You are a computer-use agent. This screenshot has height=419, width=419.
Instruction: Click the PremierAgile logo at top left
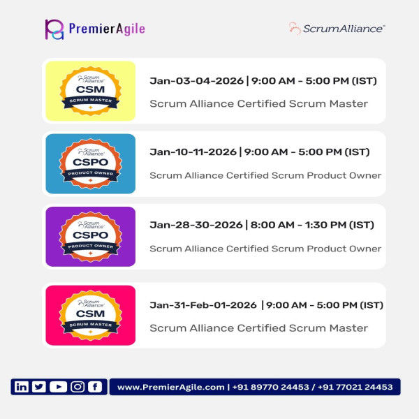(94, 29)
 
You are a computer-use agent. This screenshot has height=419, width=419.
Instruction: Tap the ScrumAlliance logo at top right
(337, 29)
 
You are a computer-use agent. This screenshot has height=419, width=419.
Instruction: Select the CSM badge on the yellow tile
(90, 91)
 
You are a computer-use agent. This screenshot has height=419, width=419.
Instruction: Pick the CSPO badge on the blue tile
(90, 163)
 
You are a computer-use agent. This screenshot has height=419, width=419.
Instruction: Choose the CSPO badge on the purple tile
(90, 236)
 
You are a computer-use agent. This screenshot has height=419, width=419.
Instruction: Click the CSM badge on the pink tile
(90, 315)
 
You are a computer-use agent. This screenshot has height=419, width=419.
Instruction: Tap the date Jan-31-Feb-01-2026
(203, 304)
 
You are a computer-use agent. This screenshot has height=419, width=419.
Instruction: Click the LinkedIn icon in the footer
(22, 387)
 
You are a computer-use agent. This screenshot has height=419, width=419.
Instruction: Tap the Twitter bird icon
(39, 387)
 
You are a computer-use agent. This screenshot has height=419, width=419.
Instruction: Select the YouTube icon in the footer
(58, 387)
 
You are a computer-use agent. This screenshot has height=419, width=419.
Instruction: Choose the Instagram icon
(77, 387)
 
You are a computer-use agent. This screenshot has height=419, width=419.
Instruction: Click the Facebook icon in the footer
(94, 387)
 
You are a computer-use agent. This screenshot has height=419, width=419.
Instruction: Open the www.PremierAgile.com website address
(171, 387)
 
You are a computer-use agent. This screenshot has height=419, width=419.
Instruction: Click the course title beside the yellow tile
(258, 103)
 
